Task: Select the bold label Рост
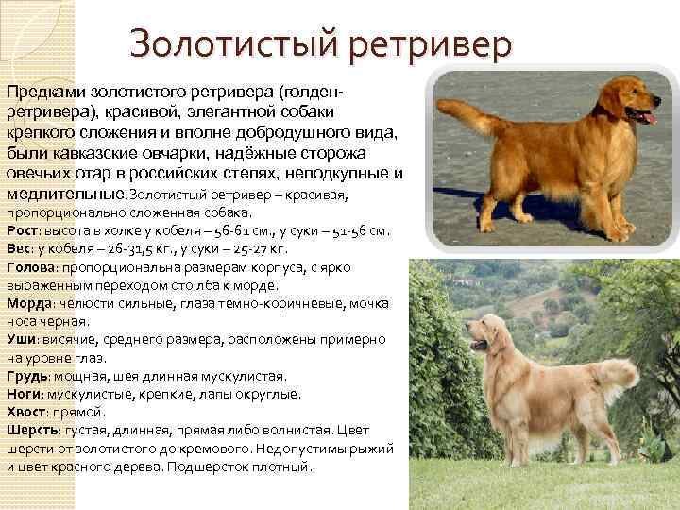(x=20, y=230)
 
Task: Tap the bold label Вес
(x=17, y=248)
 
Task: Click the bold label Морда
(x=27, y=304)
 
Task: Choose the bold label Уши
(x=20, y=340)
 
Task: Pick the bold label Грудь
(x=25, y=377)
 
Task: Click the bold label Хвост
(x=25, y=413)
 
